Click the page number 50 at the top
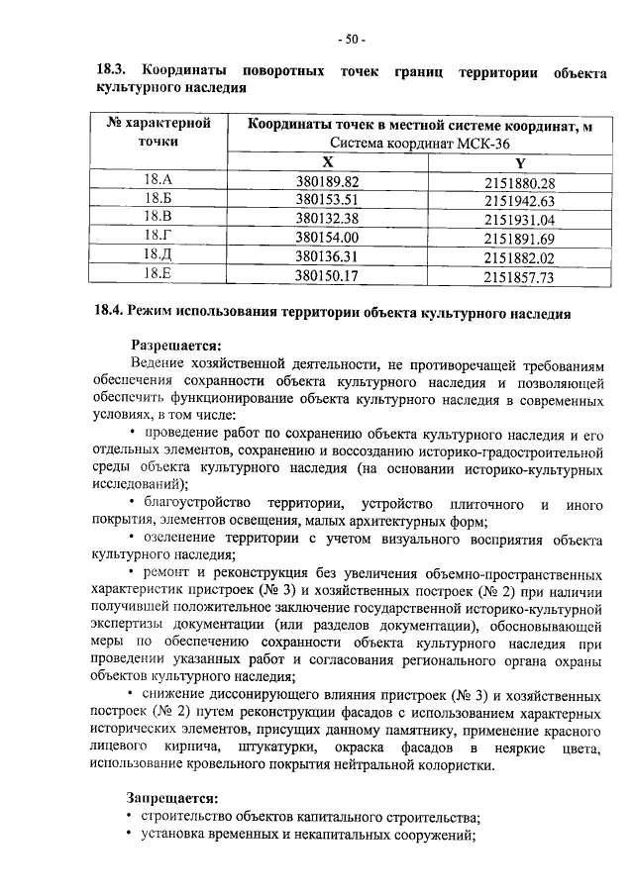pyautogui.click(x=351, y=40)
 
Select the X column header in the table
pyautogui.click(x=327, y=162)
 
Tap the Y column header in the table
pyautogui.click(x=520, y=162)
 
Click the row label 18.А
pyautogui.click(x=158, y=181)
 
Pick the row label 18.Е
pyautogui.click(x=158, y=277)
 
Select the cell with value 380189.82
pyautogui.click(x=327, y=182)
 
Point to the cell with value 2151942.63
pyautogui.click(x=520, y=201)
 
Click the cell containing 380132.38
pyautogui.click(x=327, y=220)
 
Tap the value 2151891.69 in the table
pyautogui.click(x=520, y=240)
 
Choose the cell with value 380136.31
pyautogui.click(x=327, y=258)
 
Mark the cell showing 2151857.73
pyautogui.click(x=520, y=278)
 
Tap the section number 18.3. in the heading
pyautogui.click(x=111, y=71)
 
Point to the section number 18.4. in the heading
pyautogui.click(x=108, y=315)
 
